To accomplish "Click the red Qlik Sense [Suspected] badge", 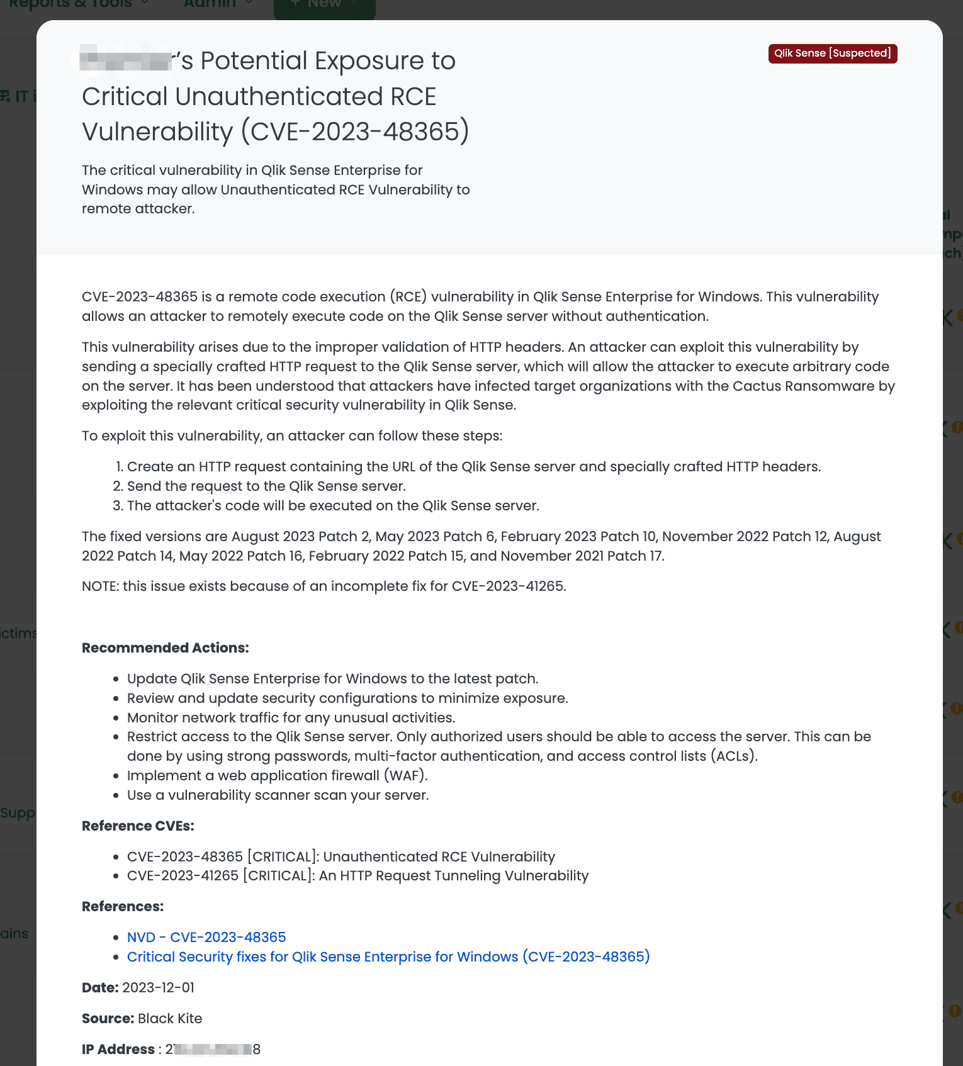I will pos(832,53).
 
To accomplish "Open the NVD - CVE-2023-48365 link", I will pos(206,937).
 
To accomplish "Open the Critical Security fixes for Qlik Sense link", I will pos(388,957).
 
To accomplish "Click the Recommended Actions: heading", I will pos(166,648).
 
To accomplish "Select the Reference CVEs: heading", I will pos(138,826).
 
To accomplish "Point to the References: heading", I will pos(123,906).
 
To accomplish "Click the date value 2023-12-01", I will pos(159,987).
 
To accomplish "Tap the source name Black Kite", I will pos(170,1018).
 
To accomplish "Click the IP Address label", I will pos(118,1049).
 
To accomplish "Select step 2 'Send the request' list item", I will pos(266,486).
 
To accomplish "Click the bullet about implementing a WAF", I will pos(277,775).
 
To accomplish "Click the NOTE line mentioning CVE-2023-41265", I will pos(324,586).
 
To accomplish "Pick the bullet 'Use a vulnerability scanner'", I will pos(278,795).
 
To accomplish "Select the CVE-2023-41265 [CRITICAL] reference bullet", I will pos(358,875).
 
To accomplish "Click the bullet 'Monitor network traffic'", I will pos(291,717).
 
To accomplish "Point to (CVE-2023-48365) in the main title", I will pos(355,132).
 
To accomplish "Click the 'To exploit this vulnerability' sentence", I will pos(292,435).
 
